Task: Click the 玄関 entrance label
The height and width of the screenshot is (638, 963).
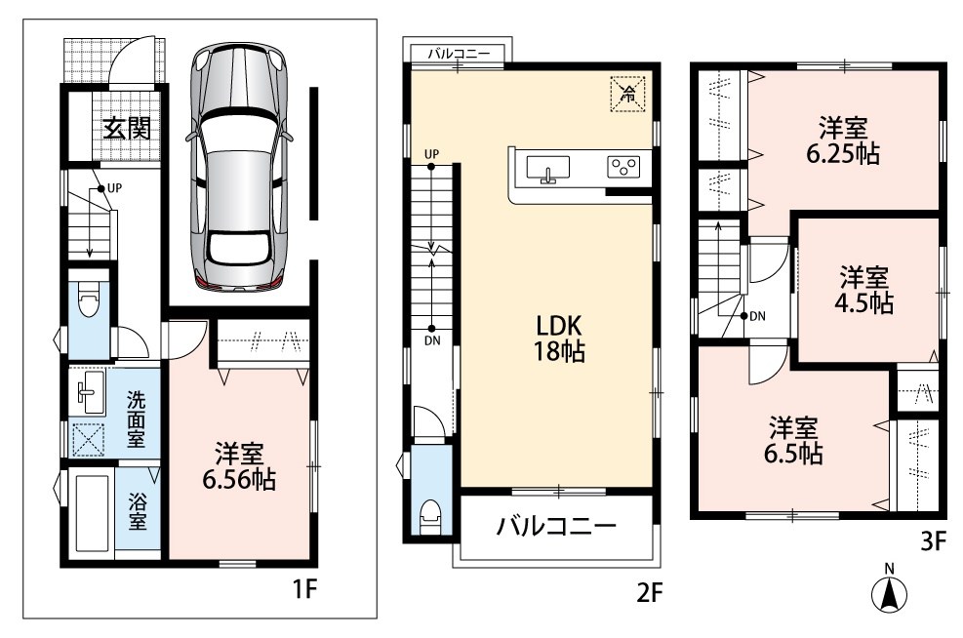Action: point(127,129)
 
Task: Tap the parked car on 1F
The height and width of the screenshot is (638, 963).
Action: point(239,167)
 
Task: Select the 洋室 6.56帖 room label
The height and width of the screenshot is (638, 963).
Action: point(239,466)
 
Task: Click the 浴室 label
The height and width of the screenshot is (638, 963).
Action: point(137,513)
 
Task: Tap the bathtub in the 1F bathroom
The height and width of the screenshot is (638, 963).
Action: point(92,512)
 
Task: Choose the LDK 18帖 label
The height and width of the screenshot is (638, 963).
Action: point(559,339)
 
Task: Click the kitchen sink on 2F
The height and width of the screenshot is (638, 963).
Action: point(547,169)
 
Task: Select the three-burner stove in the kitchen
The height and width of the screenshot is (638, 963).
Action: point(623,167)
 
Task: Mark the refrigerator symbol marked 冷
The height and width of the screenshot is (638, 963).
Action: point(627,94)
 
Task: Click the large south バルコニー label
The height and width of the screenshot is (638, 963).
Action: point(556,526)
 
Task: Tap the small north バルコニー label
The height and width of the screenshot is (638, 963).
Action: point(460,54)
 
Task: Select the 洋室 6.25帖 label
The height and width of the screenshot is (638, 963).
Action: point(843,140)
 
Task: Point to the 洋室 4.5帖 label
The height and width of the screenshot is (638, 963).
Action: point(864,290)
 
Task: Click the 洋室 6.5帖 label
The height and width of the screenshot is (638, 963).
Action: point(793,440)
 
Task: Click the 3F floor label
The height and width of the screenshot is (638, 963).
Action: point(933,541)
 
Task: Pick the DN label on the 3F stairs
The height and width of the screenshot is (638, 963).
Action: point(758,316)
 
